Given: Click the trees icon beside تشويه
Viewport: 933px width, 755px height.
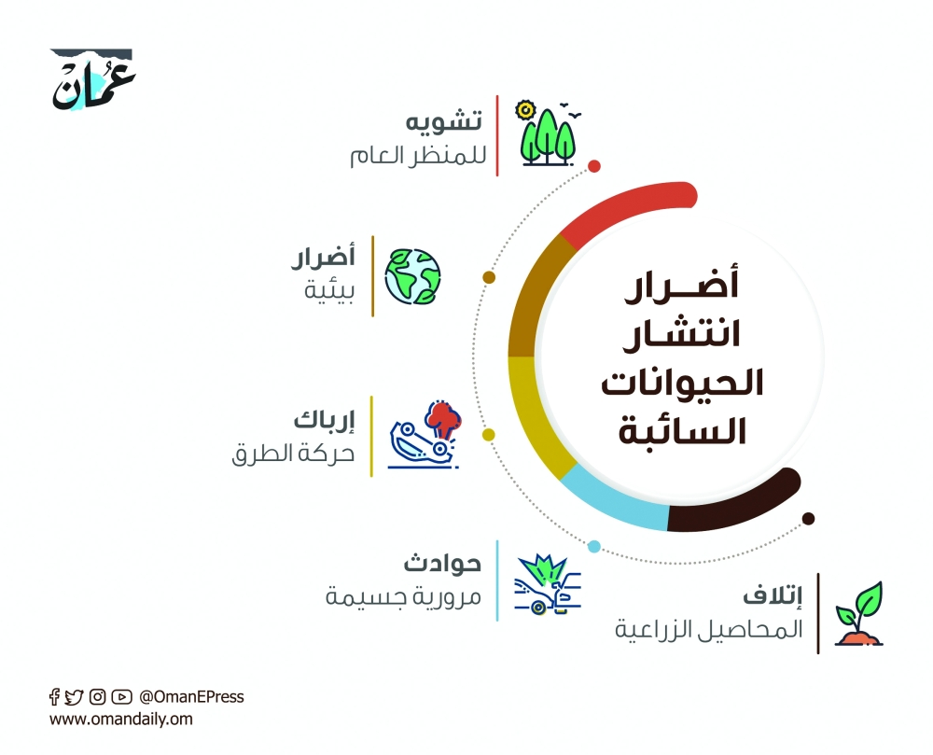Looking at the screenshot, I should [549, 134].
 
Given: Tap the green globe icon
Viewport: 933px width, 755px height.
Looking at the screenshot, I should [413, 276].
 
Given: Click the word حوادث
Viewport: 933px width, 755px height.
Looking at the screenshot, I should [442, 564].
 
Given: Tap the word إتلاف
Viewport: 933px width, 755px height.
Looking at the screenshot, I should [772, 597].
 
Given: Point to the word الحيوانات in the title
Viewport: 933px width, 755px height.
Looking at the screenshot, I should [680, 384].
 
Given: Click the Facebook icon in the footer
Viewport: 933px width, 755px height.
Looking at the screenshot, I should [54, 696].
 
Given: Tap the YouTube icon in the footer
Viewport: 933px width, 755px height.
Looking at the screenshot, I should [121, 696].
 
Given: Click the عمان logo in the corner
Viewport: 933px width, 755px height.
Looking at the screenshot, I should [92, 82].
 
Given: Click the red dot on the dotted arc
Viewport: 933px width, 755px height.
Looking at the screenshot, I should [594, 166].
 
